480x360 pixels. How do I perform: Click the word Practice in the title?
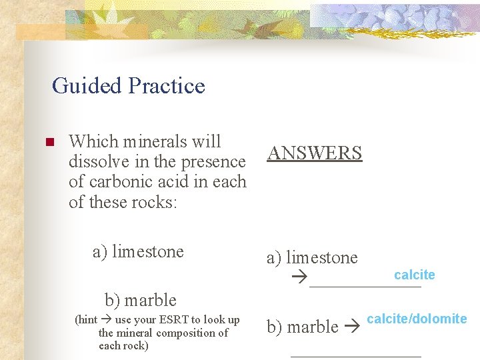[167, 86]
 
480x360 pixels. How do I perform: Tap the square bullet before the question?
[48, 142]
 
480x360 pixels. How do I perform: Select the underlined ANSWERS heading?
[314, 153]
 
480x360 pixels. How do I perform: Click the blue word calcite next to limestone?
[414, 275]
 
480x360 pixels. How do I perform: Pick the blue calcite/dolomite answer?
[417, 319]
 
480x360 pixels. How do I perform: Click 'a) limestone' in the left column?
[138, 252]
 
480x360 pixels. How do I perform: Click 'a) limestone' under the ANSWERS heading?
[312, 258]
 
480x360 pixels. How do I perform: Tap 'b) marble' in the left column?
[141, 300]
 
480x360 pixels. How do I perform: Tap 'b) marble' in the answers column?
[303, 327]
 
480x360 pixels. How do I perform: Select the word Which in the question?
[91, 141]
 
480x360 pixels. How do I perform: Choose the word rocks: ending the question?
[153, 202]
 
